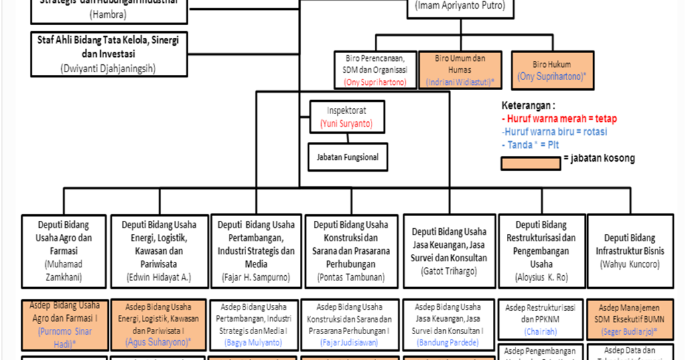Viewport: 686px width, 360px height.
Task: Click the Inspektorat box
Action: click(347, 117)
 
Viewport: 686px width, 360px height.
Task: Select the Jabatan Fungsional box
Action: click(348, 157)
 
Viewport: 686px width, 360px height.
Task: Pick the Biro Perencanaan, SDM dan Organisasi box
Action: click(376, 70)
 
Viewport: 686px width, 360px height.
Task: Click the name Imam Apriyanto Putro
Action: click(460, 7)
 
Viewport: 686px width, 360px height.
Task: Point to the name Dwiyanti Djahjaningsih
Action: click(107, 68)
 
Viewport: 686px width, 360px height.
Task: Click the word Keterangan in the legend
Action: click(528, 106)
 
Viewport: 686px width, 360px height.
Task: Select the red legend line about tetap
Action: click(559, 119)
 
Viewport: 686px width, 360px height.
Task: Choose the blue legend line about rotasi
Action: click(555, 131)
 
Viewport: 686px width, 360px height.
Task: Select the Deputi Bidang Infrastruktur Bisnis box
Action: click(630, 251)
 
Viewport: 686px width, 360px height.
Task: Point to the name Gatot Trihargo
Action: click(448, 271)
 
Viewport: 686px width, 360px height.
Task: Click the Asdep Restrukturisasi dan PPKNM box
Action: click(540, 319)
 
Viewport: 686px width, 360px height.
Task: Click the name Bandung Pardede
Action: click(448, 343)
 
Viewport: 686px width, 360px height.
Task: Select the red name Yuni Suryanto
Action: click(346, 123)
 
